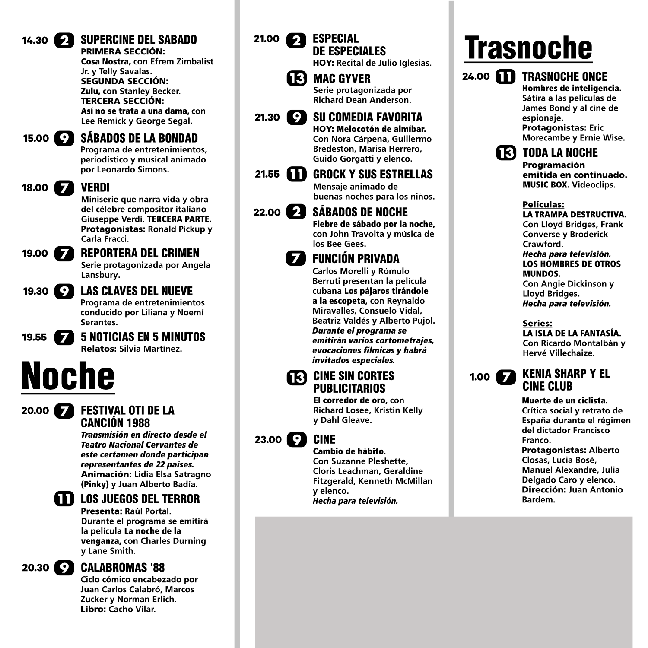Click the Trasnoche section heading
click(528, 48)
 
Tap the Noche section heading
click(68, 376)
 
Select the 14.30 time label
click(35, 41)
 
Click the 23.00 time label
click(268, 440)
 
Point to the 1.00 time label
click(480, 377)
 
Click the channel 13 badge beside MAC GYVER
click(296, 79)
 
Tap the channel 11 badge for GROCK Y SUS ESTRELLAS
click(296, 174)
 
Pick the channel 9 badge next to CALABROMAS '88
click(64, 568)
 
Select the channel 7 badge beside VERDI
click(64, 188)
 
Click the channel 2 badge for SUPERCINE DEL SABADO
click(64, 41)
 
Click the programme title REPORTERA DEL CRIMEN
click(140, 253)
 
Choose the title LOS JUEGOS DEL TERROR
click(140, 499)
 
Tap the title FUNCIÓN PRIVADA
click(356, 259)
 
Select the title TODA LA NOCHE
click(560, 153)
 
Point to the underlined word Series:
click(537, 323)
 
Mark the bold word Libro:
click(93, 609)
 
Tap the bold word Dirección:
click(543, 490)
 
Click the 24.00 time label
click(476, 77)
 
